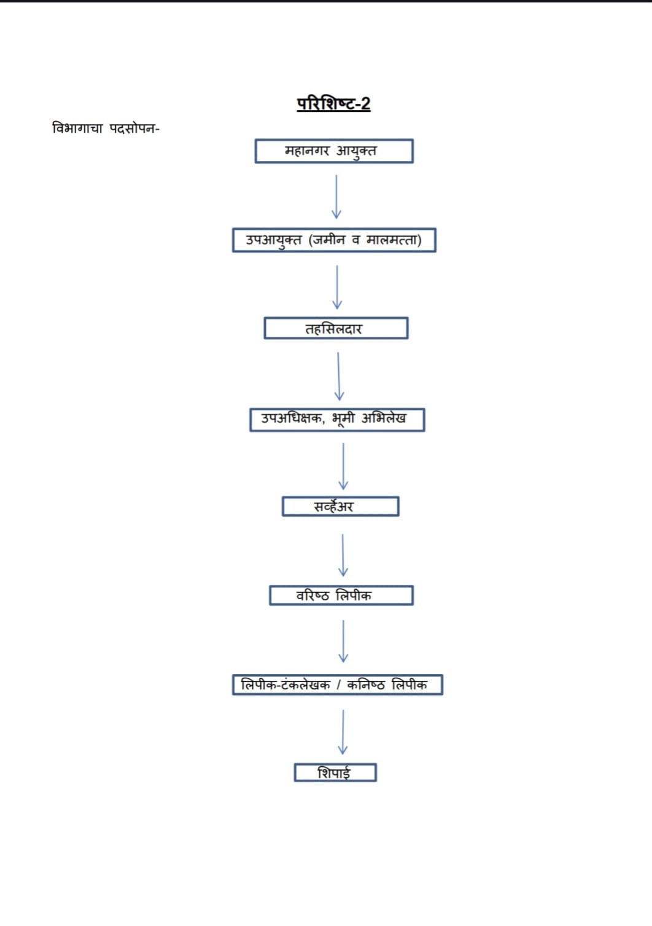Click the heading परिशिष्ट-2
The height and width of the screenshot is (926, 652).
(333, 103)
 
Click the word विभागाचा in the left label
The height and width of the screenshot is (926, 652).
(77, 128)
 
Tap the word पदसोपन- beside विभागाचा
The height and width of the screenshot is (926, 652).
(134, 128)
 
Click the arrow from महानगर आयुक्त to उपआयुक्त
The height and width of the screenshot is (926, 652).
(336, 197)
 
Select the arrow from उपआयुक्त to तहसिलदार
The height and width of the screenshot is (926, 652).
(337, 288)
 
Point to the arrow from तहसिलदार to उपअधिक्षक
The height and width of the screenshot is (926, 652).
(339, 376)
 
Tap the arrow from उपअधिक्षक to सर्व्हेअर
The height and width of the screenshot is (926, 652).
(343, 466)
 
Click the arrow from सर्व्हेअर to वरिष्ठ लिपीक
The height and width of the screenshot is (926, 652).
(343, 555)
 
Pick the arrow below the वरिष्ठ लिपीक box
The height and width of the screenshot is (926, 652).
(343, 641)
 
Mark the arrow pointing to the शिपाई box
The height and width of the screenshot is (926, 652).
(343, 732)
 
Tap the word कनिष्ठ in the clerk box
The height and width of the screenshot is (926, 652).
(366, 685)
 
